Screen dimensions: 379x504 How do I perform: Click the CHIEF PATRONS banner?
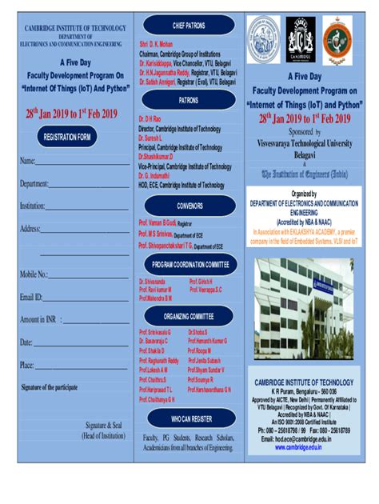coord(189,26)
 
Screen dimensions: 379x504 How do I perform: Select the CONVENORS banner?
coord(189,205)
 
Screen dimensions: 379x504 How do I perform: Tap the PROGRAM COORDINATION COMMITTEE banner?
coord(190,264)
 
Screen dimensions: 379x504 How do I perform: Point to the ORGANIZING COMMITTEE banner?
coord(189,316)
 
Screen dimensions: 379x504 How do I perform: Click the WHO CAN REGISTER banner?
coord(189,418)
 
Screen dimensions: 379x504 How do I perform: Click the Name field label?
coord(27,162)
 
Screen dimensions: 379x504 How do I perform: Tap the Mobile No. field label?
coord(34,275)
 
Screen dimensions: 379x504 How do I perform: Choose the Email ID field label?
coord(31,298)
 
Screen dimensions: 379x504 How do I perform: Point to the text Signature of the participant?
coord(50,387)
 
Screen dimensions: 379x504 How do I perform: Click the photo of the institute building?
coord(303,308)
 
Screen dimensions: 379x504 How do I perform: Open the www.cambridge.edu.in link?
coord(303,447)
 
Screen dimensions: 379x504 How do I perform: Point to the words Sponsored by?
coord(305,131)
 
